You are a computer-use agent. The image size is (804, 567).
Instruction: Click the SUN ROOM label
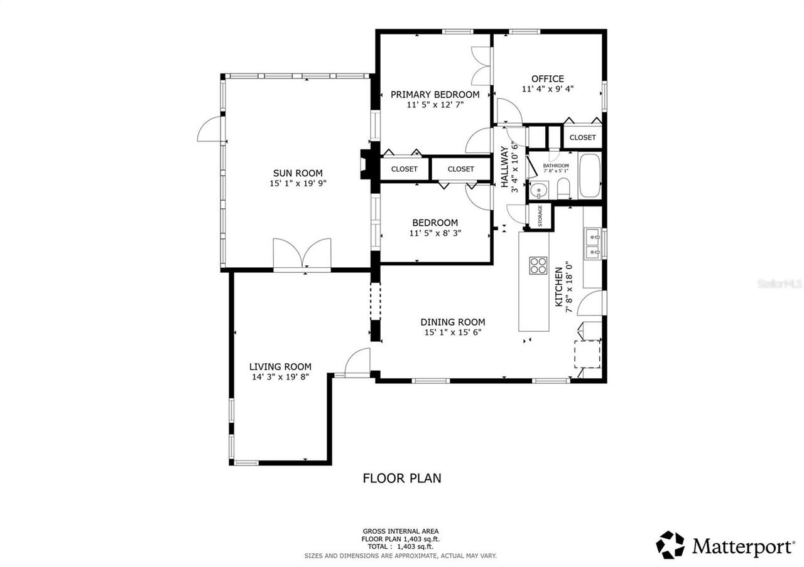click(x=298, y=174)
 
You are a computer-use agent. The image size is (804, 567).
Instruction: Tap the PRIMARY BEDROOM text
click(x=435, y=95)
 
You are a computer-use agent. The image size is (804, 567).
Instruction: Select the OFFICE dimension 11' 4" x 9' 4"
click(x=547, y=89)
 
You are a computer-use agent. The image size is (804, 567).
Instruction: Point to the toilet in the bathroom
click(x=563, y=188)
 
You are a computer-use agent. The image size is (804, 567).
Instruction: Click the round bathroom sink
click(x=538, y=189)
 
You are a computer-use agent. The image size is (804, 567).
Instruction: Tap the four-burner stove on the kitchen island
click(x=538, y=265)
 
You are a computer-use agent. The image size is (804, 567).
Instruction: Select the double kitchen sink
click(x=593, y=244)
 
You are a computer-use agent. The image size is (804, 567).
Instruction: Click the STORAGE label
click(x=540, y=216)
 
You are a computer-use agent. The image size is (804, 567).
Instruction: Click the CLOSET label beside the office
click(x=582, y=137)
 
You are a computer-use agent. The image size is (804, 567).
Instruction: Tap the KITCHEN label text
click(x=559, y=287)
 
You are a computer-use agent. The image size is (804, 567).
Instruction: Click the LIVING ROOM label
click(x=280, y=367)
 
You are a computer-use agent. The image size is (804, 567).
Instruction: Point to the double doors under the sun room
click(x=302, y=255)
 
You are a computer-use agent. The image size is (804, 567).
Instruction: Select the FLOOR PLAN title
click(x=402, y=479)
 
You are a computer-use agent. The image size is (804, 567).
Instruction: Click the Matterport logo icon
click(x=671, y=544)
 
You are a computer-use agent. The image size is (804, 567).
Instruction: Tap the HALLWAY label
click(x=504, y=166)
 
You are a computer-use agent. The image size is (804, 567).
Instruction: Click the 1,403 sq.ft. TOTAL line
click(x=400, y=547)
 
